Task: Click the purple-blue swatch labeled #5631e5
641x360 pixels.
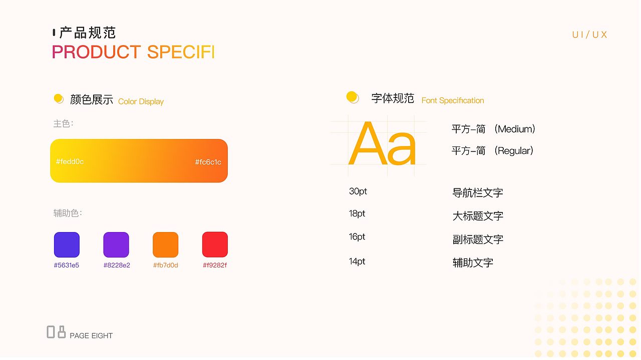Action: [67, 245]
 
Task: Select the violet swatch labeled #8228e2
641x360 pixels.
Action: [116, 245]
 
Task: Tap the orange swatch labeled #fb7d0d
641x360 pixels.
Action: [165, 245]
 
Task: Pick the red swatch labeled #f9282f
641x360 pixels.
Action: [215, 244]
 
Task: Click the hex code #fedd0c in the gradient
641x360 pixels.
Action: [70, 161]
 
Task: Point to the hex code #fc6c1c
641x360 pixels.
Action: [208, 162]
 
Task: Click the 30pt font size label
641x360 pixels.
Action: [358, 191]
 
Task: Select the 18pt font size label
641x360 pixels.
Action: [357, 213]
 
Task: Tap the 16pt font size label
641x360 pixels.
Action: [357, 236]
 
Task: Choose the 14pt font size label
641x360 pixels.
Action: [357, 261]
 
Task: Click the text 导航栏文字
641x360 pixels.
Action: [478, 192]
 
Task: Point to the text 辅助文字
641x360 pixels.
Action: [473, 262]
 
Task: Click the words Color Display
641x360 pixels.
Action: [141, 101]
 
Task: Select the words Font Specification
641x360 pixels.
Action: [453, 100]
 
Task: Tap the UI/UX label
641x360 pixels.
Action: [589, 34]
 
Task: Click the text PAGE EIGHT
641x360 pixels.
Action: [91, 335]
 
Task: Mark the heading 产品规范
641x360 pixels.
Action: [88, 33]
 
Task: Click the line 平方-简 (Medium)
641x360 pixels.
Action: [493, 129]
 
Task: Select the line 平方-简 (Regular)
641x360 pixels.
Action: [492, 150]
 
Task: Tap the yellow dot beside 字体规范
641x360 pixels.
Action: [353, 97]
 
